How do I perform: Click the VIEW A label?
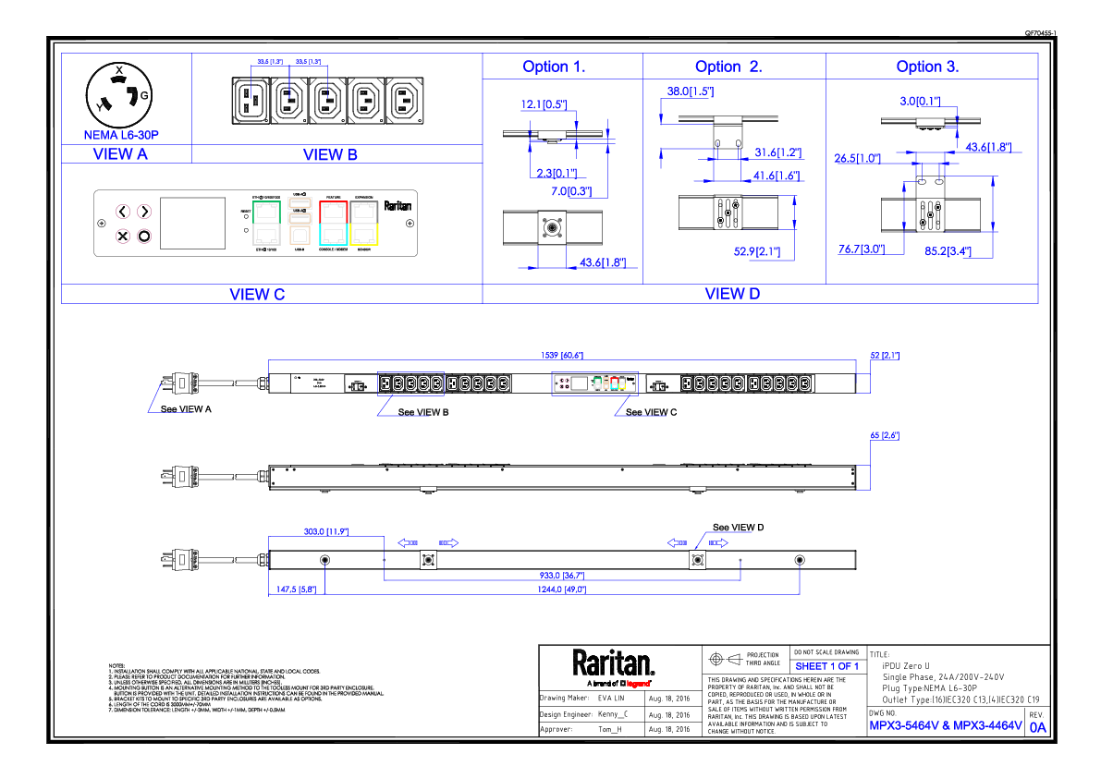click(120, 154)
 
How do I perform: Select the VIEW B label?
click(330, 155)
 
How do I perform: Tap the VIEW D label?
click(732, 294)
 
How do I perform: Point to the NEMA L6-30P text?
click(121, 136)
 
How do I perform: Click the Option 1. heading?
click(554, 67)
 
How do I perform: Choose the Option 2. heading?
click(728, 67)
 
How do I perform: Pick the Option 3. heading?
click(927, 67)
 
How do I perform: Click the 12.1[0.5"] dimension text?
click(544, 105)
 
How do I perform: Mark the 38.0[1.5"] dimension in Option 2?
click(690, 92)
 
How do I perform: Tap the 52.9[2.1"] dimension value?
click(757, 252)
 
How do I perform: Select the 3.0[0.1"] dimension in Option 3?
click(920, 101)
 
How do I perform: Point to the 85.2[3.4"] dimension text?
click(948, 251)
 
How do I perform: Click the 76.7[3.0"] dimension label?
click(861, 249)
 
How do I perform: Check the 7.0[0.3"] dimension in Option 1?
click(571, 192)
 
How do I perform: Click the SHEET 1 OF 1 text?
click(826, 667)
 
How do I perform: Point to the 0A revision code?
click(1037, 728)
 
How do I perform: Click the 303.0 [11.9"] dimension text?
click(325, 532)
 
